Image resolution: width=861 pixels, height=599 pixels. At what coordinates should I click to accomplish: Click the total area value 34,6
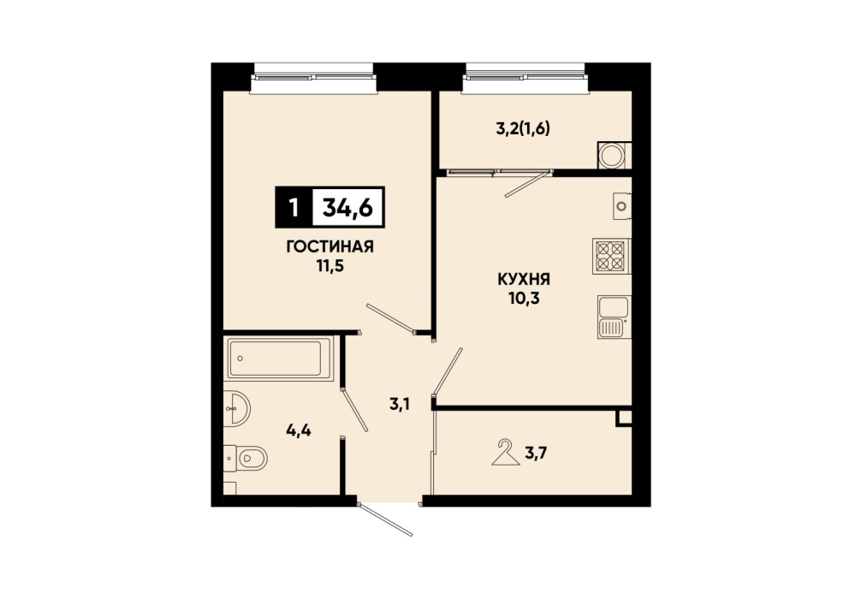coord(348,208)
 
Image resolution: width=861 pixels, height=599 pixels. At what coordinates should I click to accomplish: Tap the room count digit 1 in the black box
coord(294,208)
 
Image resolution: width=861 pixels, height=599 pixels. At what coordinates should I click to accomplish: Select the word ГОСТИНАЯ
coord(330,247)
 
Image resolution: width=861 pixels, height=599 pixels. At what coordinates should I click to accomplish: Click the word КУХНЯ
coord(524,280)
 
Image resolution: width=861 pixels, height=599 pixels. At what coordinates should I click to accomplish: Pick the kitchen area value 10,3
coord(525,299)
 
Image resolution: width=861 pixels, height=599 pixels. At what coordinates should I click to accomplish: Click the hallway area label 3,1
coord(401,406)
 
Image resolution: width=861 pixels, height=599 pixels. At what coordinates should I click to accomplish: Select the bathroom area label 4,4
coord(299,431)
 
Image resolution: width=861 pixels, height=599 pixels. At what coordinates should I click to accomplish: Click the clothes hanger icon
coord(505,453)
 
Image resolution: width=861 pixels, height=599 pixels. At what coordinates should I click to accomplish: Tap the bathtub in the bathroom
coord(279,359)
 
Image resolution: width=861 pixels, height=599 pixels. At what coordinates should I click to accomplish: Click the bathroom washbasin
coord(237,408)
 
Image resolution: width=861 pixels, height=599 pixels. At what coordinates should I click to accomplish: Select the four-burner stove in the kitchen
coord(611,256)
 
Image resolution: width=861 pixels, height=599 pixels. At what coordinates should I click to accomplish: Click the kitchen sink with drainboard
coord(614,317)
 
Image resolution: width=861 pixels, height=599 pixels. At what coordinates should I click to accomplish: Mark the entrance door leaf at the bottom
coord(385,519)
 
